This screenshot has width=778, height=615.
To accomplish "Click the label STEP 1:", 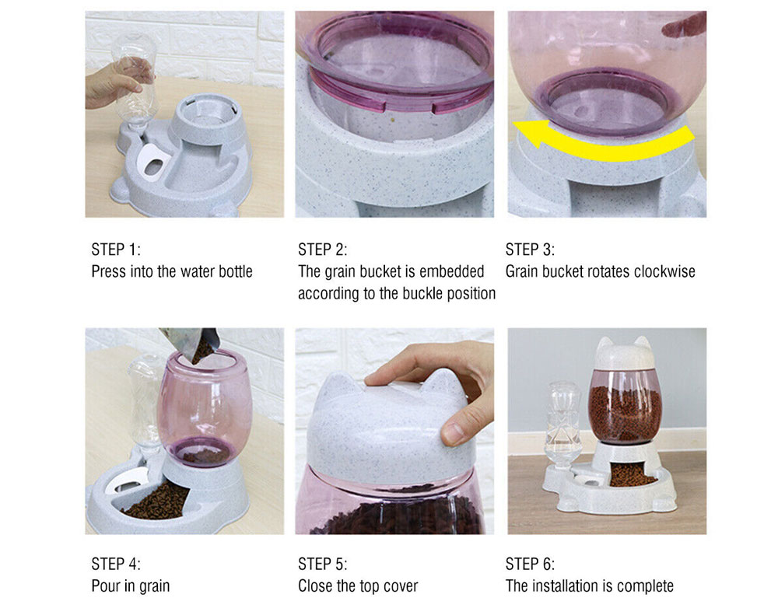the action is tap(116, 249).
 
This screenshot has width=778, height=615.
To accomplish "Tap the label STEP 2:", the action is tap(323, 249).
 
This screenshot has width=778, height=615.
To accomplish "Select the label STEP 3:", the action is tap(530, 249).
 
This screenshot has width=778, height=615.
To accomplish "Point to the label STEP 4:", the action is tap(116, 564).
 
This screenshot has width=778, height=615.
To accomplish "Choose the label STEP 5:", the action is tap(323, 564).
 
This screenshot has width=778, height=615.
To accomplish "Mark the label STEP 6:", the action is tap(530, 564).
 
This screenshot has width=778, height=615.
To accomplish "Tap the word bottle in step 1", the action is tap(236, 271).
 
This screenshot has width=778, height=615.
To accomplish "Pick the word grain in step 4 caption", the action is tap(154, 586).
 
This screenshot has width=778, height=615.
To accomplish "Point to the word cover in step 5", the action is tap(401, 585).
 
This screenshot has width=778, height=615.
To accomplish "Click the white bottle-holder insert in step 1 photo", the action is tap(155, 161).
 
